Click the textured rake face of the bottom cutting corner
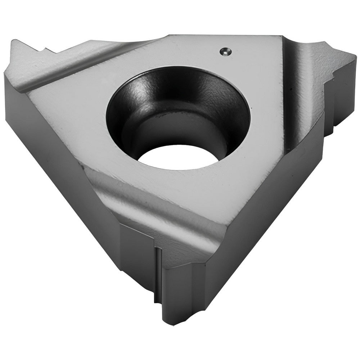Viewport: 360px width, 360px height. [x=176, y=245]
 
